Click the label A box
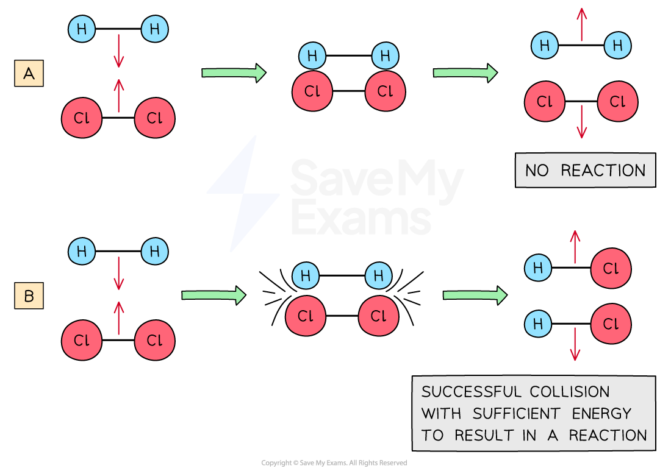(29, 74)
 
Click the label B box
(29, 297)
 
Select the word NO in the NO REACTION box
(537, 171)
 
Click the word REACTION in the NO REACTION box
(603, 171)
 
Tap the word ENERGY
(601, 414)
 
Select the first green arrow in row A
(234, 73)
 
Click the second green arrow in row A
(465, 73)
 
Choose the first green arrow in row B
(213, 296)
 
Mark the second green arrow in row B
(475, 296)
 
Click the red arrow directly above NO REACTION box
(581, 121)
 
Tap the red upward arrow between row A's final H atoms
(581, 25)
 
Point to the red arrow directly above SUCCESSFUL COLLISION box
(575, 344)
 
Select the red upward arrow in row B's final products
(575, 247)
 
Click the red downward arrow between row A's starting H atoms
(118, 51)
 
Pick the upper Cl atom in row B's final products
(611, 268)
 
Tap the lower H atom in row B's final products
(538, 323)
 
